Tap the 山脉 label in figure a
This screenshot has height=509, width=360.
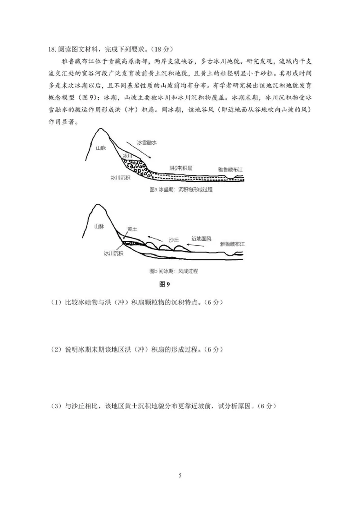tap(101, 148)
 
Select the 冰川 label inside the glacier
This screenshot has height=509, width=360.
tap(127, 156)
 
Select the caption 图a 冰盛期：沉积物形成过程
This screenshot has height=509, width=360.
tap(180, 190)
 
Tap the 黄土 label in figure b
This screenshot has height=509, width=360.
tap(132, 229)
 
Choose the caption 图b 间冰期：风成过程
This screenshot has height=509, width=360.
tap(173, 271)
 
